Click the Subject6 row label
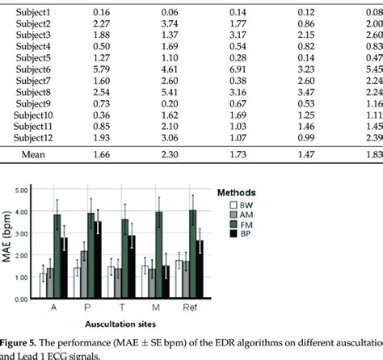coord(32,70)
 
